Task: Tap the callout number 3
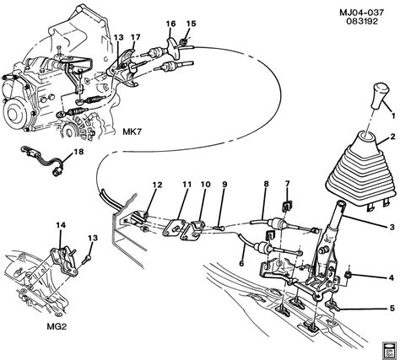(x=391, y=228)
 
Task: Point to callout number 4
(x=391, y=278)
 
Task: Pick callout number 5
(x=391, y=307)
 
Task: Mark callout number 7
(x=287, y=185)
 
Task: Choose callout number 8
(x=265, y=185)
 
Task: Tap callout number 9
(x=224, y=185)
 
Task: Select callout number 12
(x=156, y=185)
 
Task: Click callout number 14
(x=59, y=225)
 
